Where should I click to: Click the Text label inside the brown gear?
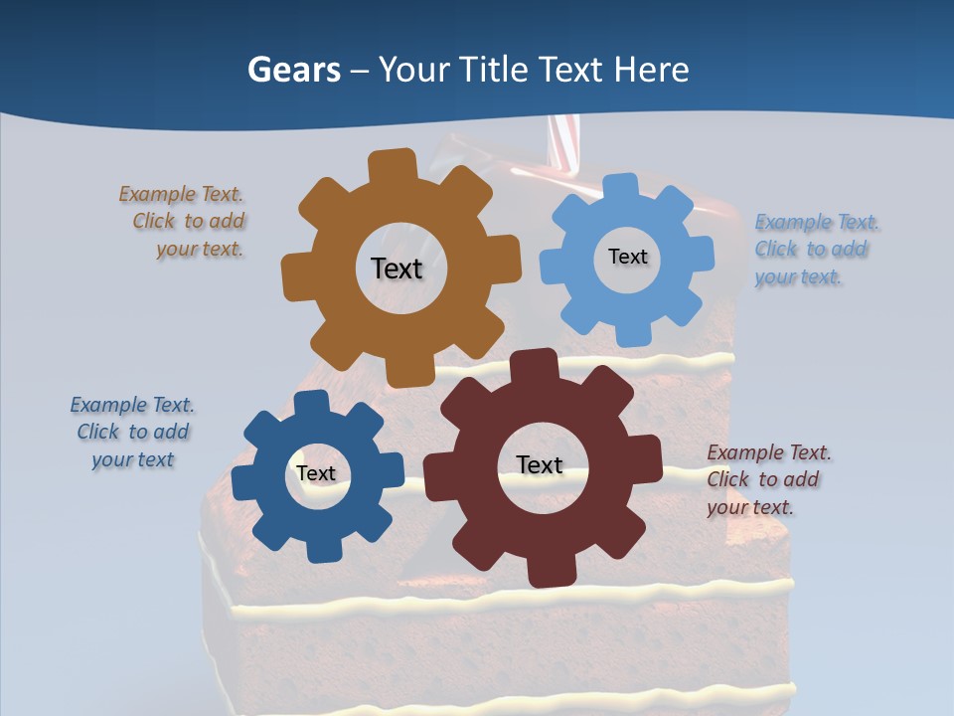[x=397, y=268]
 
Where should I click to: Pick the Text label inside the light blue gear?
[x=627, y=257]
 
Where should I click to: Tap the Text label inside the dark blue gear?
[x=316, y=473]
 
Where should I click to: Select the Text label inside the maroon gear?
[x=540, y=464]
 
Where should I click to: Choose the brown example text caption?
[x=184, y=222]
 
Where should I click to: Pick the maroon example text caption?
[x=767, y=479]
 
